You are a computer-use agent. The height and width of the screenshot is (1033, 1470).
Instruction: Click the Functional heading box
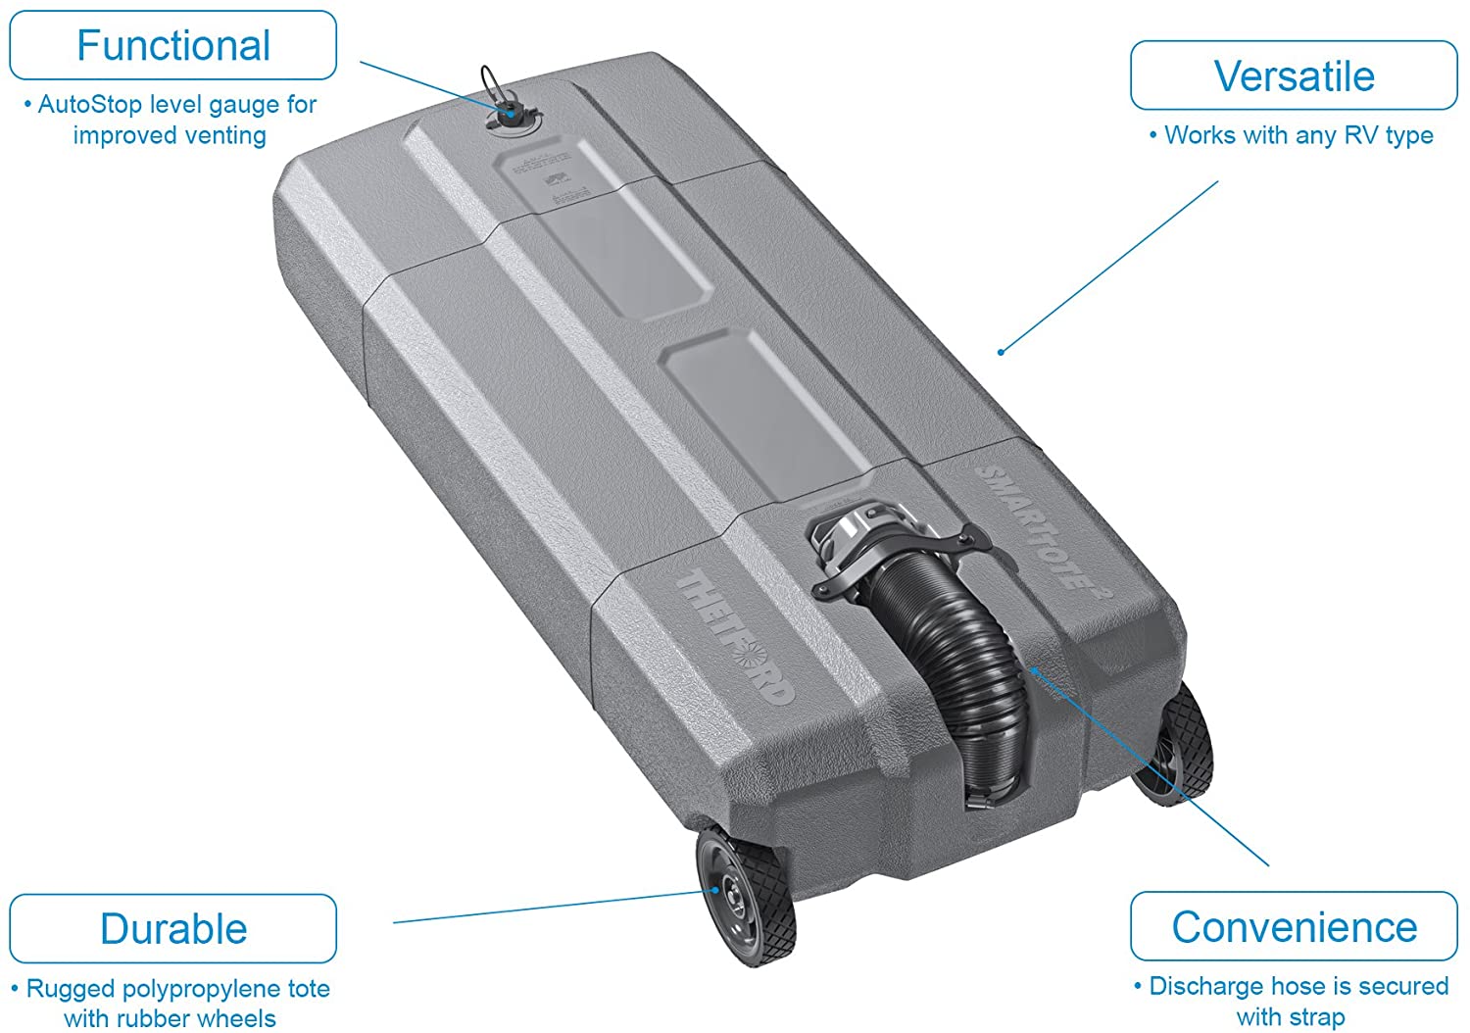coord(172,46)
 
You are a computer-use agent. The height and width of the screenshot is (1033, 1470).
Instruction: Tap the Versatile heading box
coord(1294,76)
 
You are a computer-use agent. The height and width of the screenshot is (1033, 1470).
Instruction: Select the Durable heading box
coord(172,929)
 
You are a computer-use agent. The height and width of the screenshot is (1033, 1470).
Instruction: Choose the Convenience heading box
coord(1294,927)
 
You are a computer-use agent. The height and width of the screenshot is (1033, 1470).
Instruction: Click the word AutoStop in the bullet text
coord(90,105)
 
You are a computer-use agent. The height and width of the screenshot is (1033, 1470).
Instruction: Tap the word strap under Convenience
coord(1318,1017)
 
